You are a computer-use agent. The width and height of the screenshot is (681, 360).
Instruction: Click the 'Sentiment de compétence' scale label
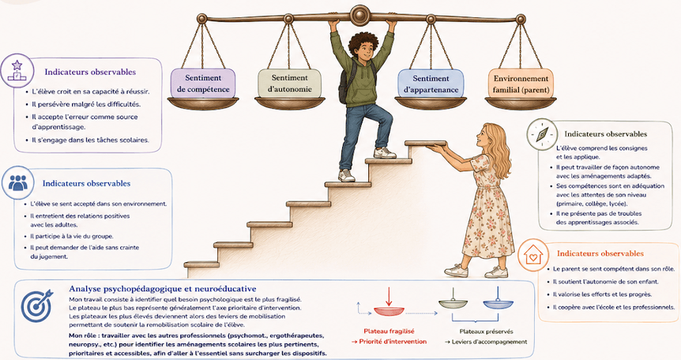click(x=203, y=84)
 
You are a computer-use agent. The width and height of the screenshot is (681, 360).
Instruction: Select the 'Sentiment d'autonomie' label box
click(x=290, y=84)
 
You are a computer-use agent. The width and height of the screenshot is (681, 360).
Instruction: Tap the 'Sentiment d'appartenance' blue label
click(x=431, y=84)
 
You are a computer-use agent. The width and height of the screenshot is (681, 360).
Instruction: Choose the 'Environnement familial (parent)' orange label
click(x=521, y=84)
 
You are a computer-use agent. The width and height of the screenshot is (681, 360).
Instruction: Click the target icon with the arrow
click(x=36, y=305)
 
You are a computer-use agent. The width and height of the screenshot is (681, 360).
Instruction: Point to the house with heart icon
click(x=533, y=254)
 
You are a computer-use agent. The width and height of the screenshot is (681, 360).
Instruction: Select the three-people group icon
click(x=18, y=183)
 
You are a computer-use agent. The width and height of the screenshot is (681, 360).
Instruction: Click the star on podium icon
click(x=17, y=70)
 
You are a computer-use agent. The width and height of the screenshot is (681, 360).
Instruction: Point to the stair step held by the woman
click(x=426, y=144)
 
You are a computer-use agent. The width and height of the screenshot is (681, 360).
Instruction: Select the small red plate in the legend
click(x=389, y=311)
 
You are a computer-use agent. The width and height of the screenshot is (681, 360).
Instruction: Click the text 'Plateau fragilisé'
click(x=389, y=332)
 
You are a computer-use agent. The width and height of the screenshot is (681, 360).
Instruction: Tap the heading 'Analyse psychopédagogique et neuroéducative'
click(x=163, y=289)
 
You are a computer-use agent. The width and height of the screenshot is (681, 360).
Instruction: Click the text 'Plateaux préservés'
click(x=487, y=332)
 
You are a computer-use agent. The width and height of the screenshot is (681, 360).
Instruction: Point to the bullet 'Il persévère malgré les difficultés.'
click(x=84, y=104)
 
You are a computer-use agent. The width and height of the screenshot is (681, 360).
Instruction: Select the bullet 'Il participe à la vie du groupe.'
click(x=69, y=236)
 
